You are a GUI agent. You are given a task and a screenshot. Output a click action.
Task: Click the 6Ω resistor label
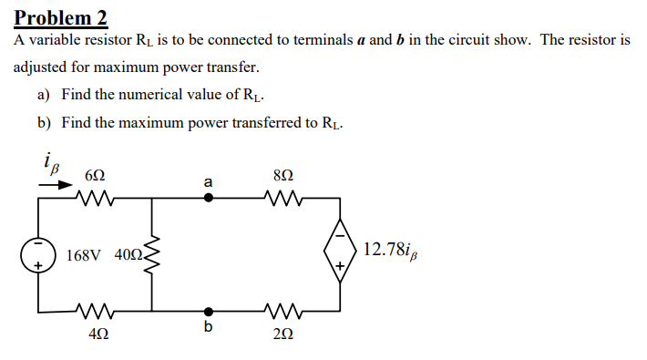[94, 175]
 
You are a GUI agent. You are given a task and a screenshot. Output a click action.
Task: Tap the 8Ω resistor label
[282, 174]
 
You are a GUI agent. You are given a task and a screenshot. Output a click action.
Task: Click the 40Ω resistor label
[127, 255]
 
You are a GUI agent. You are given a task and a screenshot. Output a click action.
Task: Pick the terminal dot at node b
[209, 311]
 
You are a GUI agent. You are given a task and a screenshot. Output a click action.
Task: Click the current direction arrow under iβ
[56, 183]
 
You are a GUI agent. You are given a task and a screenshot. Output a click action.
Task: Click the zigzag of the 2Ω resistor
[282, 311]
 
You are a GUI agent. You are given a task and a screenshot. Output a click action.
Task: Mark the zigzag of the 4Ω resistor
[94, 311]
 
